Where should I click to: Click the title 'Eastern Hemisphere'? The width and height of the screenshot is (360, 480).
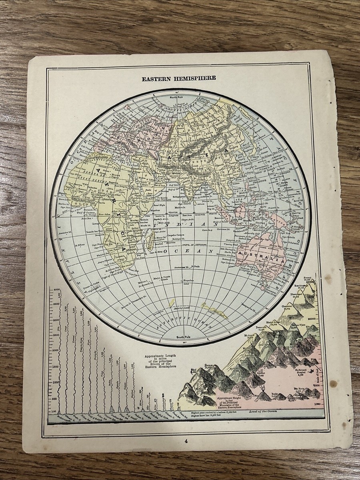(179, 78)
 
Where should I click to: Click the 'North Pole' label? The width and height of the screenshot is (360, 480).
(174, 97)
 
